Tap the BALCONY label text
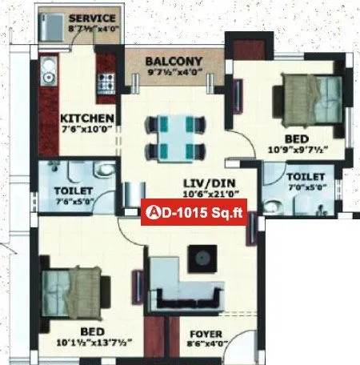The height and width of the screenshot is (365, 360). pos(174,61)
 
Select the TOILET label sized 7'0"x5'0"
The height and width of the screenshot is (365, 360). pos(305,176)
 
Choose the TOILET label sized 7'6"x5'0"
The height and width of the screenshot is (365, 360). pos(73,191)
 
